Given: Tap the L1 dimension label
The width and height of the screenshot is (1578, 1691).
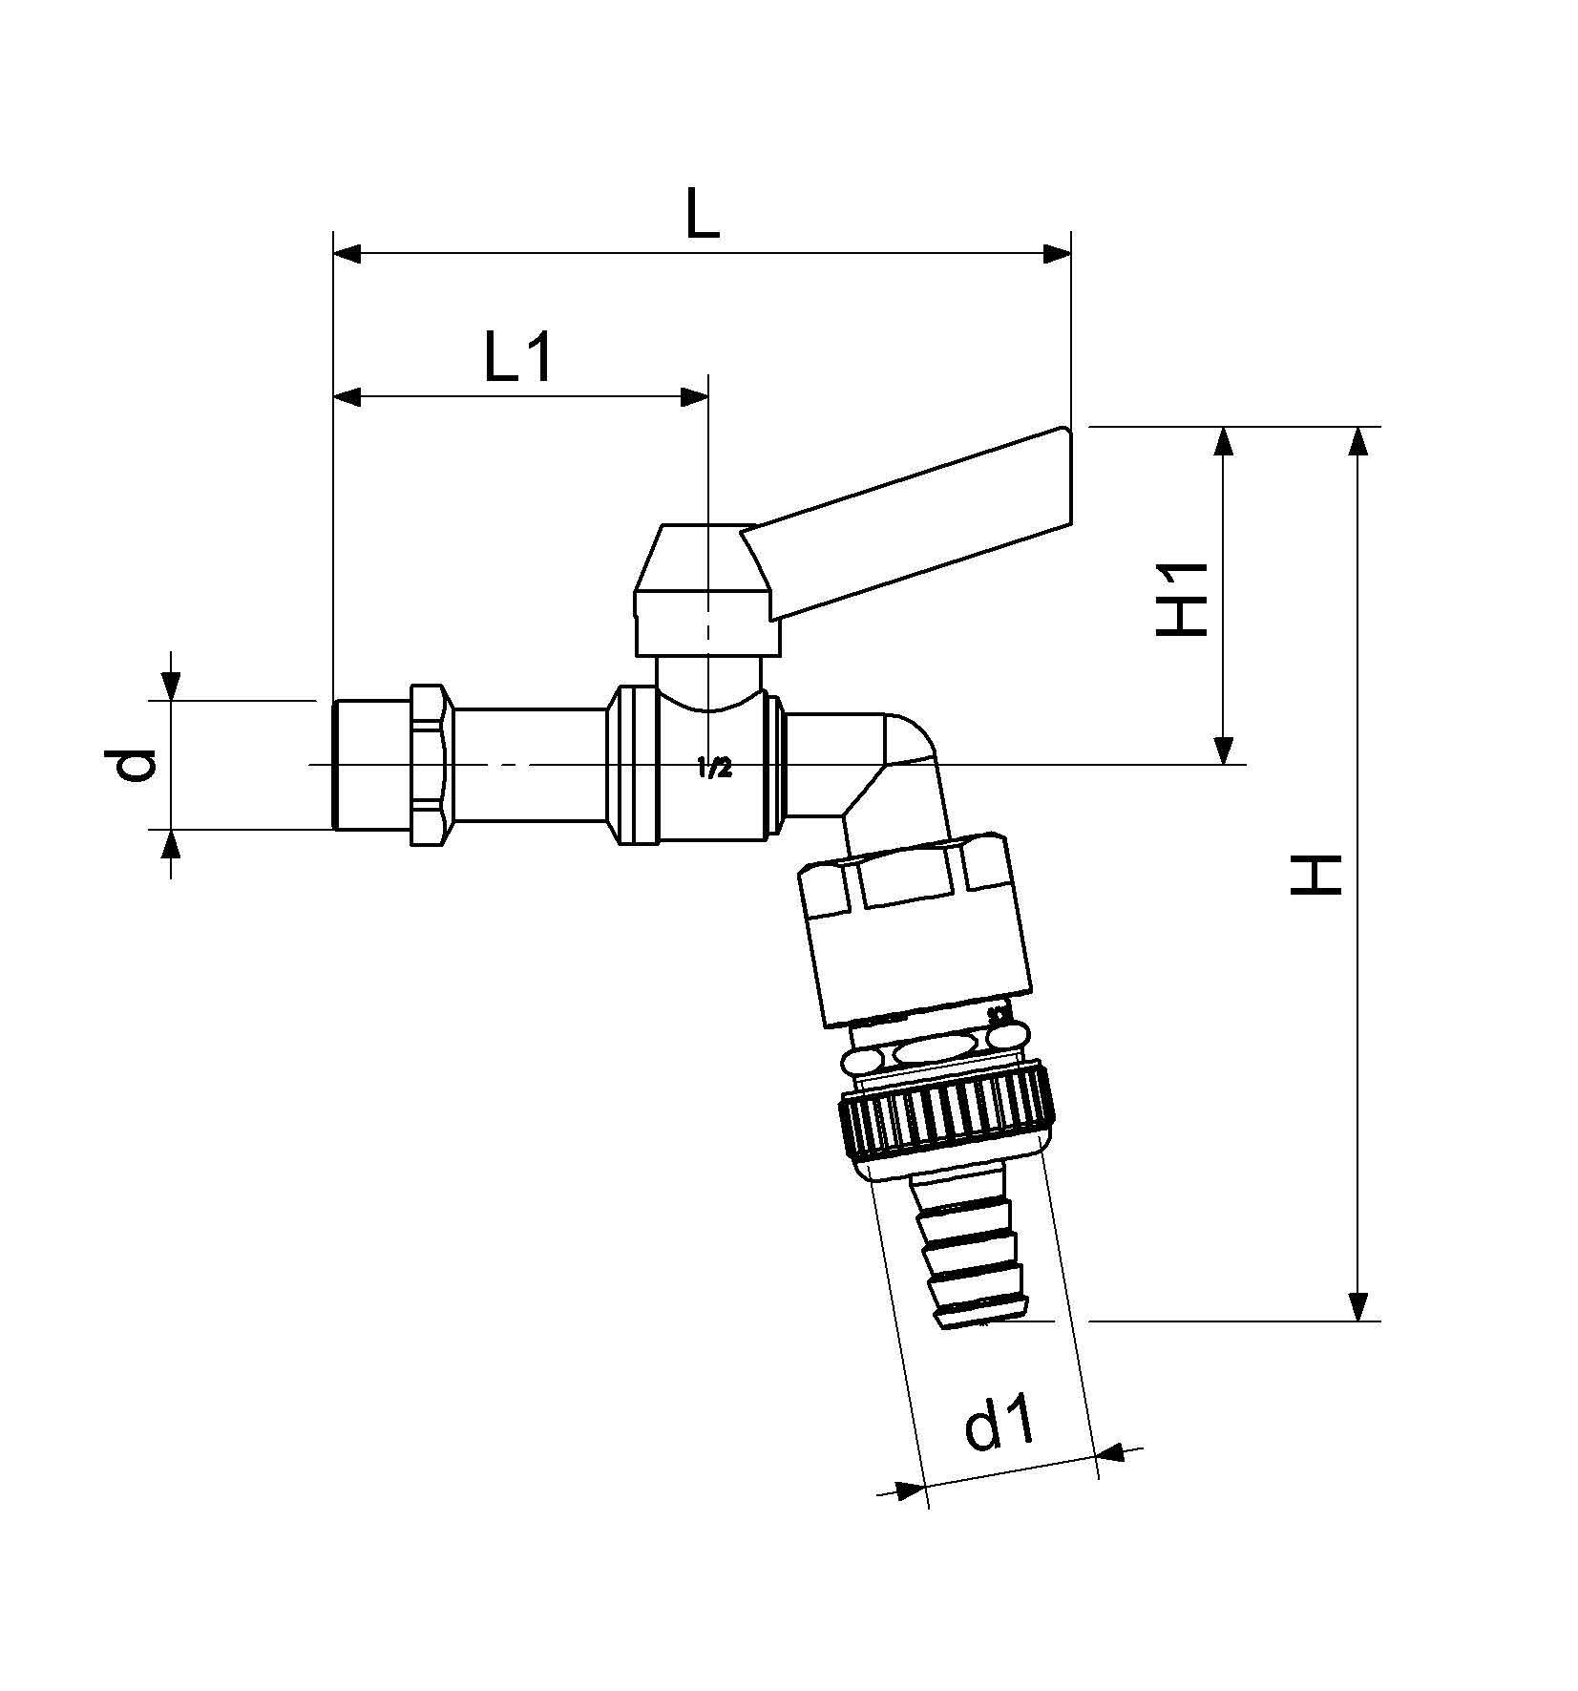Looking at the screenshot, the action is click(517, 357).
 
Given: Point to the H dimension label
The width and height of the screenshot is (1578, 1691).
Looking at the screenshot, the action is click(1316, 875).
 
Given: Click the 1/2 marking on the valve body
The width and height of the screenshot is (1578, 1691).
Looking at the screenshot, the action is click(714, 768).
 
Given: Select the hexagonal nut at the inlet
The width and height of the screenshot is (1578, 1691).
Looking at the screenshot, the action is click(432, 764).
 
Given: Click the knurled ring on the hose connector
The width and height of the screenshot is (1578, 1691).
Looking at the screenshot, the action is click(947, 1113).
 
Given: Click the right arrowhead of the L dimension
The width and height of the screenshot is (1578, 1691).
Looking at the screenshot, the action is click(1057, 255).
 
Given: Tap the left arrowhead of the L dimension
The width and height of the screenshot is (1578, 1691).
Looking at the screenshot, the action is click(347, 255).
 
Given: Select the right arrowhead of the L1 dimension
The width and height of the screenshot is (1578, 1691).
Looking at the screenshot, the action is click(694, 397).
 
